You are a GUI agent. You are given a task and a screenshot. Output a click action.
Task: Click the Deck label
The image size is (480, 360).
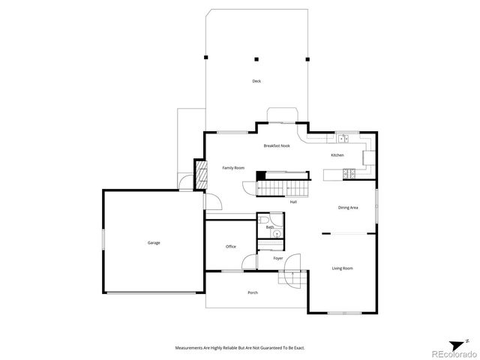click(256, 80)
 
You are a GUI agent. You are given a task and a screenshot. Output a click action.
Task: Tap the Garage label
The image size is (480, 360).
click(153, 242)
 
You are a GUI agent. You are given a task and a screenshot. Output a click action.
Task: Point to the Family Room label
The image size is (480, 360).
click(233, 168)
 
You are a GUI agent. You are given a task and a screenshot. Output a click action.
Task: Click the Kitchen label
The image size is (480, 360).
click(337, 155)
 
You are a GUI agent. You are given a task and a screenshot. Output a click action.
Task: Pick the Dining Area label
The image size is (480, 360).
click(347, 208)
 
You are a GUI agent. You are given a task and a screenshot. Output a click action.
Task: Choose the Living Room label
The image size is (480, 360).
click(342, 268)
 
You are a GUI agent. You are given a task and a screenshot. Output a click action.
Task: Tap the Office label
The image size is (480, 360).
click(231, 246)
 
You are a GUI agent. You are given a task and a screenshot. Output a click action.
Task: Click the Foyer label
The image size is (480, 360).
click(278, 258)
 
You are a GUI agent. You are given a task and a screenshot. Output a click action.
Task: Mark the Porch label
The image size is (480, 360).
click(253, 292)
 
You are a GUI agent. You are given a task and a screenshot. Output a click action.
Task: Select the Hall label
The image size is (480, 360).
click(294, 202)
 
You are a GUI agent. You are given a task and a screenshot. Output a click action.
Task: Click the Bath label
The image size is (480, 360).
click(269, 226)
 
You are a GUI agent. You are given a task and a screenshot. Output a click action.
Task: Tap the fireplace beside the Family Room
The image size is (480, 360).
click(200, 175)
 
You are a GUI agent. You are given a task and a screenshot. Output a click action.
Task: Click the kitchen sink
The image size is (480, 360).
click(343, 139)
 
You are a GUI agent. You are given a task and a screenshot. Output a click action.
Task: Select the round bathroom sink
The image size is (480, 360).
click(276, 234)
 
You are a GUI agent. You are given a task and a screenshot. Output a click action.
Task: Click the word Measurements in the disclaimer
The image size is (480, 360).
click(189, 348)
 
